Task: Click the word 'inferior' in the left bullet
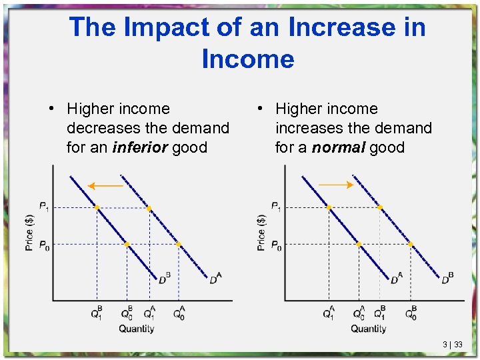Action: coord(140,147)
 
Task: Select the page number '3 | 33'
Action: coord(453,345)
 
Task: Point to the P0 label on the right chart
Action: coord(275,246)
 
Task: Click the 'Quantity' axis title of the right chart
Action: coord(368,329)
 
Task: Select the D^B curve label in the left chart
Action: coord(164,278)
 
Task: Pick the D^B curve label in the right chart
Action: coord(447,279)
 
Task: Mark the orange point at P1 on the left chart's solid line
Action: coord(97,208)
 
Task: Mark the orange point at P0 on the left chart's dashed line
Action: coord(179,245)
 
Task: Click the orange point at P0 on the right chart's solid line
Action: coord(359,245)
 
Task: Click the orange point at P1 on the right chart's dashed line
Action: coord(380,208)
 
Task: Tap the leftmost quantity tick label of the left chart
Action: coord(97,313)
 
